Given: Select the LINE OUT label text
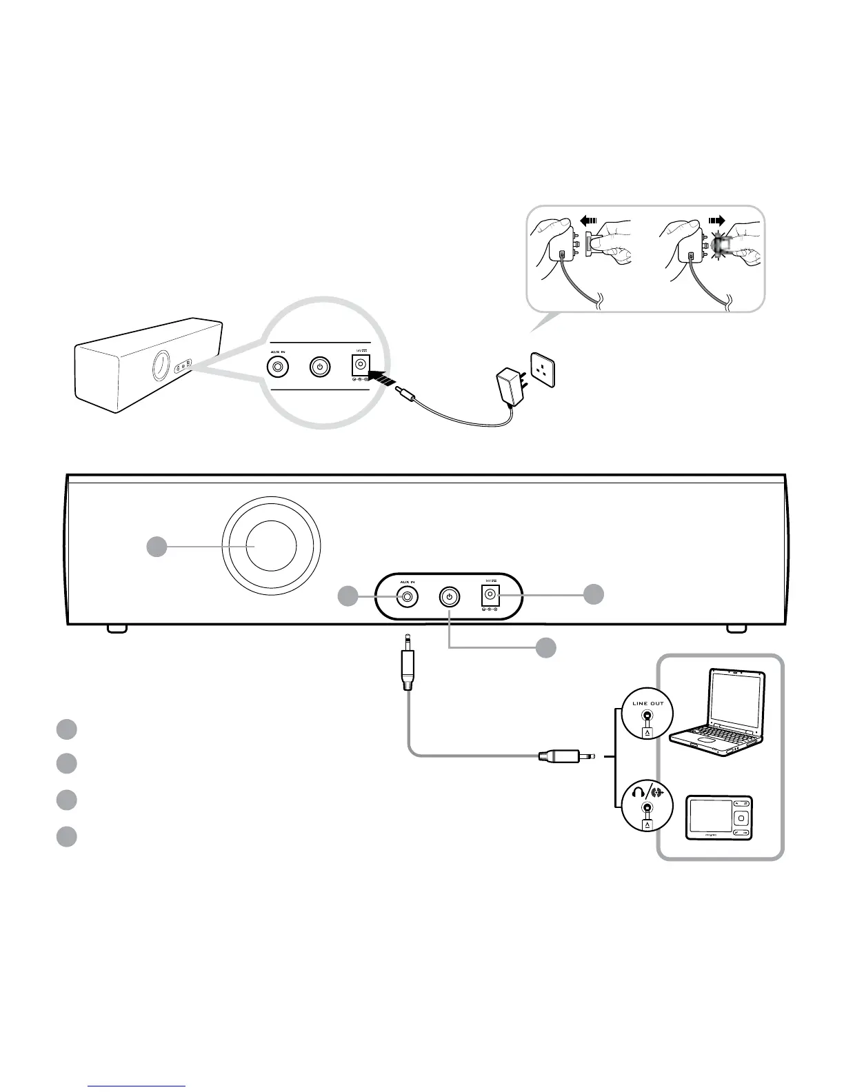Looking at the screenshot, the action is [x=647, y=703].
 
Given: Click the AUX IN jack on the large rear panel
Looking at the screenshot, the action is [x=408, y=597].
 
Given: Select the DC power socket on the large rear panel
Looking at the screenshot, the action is [x=490, y=596].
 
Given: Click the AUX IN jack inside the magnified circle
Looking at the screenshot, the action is [x=278, y=367].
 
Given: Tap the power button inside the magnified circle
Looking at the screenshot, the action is [x=319, y=367].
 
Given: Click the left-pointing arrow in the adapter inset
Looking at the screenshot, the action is [x=587, y=221].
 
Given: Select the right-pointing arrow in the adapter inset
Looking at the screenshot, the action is [x=716, y=221].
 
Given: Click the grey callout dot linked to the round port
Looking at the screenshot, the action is [x=157, y=547].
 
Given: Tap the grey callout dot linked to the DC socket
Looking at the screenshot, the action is [x=594, y=594].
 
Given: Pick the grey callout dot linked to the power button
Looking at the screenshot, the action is [x=546, y=647].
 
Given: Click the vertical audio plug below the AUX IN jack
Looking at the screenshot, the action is [x=408, y=667].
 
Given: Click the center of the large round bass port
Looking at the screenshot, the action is [x=271, y=546].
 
